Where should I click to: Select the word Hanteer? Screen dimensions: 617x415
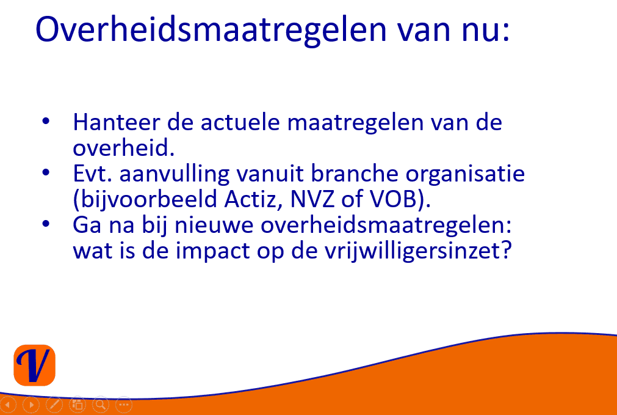(117, 122)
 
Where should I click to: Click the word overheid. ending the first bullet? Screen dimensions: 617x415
(123, 148)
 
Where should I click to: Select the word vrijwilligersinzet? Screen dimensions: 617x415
(418, 251)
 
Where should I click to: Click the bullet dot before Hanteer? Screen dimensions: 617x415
(46, 120)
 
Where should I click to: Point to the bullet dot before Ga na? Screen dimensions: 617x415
(46, 224)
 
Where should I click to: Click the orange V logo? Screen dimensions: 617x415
(35, 365)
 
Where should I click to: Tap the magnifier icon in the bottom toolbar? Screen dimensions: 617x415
(101, 405)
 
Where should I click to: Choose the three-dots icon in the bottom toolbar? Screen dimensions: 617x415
(123, 405)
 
